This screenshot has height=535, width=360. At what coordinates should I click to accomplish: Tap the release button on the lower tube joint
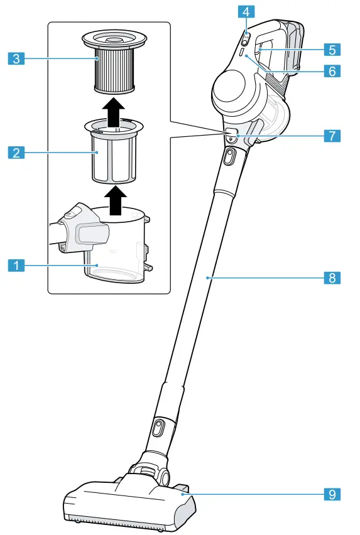(157, 429)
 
